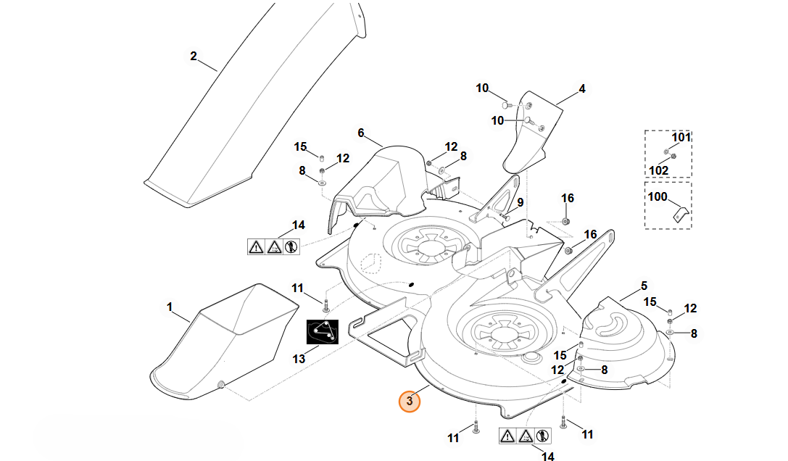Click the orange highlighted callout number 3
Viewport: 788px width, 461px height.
pos(409,401)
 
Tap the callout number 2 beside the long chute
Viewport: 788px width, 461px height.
pos(194,57)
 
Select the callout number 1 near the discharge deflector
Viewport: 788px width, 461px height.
pos(170,307)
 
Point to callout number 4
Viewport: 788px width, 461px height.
pos(582,89)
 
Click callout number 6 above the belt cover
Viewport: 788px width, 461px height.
pos(361,133)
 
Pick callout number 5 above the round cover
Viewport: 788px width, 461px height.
pos(644,286)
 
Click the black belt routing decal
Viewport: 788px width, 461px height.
pos(323,332)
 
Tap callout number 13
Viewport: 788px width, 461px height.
pos(299,359)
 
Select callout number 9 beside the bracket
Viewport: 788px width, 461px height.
pos(521,202)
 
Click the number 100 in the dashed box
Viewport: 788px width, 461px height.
pos(658,196)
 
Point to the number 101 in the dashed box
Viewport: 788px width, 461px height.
pos(681,137)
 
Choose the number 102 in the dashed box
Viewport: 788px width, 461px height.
pos(658,170)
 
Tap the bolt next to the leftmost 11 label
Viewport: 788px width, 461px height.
pos(325,304)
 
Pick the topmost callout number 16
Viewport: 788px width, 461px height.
pos(568,198)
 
